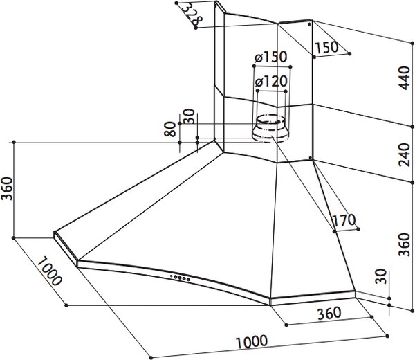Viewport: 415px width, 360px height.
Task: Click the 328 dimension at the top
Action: (193, 15)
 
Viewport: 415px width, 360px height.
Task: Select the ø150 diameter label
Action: (270, 57)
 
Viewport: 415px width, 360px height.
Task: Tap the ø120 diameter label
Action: (271, 82)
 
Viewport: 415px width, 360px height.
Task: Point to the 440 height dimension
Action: (405, 78)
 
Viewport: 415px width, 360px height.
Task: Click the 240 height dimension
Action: (405, 154)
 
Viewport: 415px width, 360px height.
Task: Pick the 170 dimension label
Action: (344, 220)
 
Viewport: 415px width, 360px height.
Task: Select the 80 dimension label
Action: (169, 129)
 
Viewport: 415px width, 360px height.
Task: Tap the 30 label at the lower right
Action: (381, 276)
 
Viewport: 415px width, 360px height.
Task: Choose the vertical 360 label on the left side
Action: (7, 188)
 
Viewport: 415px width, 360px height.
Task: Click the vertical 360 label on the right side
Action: (405, 244)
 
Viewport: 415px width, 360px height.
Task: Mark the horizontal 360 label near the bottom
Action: (329, 313)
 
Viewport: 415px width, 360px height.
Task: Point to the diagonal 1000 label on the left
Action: (49, 271)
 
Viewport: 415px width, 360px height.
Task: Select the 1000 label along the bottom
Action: (252, 342)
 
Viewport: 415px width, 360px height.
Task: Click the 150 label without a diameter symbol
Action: (327, 47)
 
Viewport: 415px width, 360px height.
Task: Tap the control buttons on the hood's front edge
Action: (181, 278)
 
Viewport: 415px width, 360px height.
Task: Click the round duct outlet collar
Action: (270, 129)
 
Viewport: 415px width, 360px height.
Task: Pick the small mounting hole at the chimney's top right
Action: (309, 25)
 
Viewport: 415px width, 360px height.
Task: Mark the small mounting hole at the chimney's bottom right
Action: (310, 158)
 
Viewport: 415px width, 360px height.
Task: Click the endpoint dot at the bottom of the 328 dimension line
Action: (196, 28)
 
